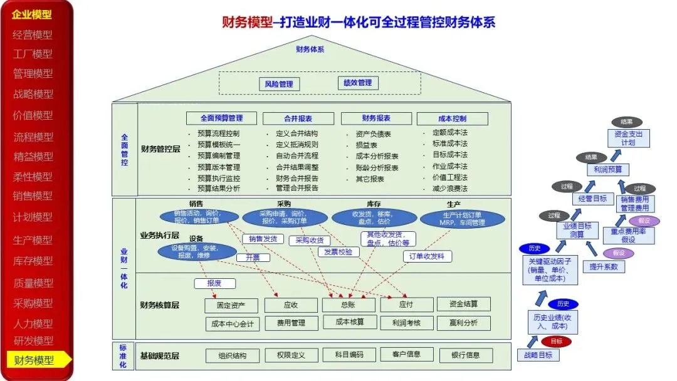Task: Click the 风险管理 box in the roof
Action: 279,84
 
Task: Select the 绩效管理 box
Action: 357,83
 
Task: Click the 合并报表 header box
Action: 298,118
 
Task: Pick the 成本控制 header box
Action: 451,118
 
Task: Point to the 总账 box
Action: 349,305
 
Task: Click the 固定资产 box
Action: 231,305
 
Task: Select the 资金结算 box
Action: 463,304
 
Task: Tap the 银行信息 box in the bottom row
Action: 465,355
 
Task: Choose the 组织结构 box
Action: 232,355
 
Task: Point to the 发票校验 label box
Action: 338,252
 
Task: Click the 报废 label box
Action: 214,283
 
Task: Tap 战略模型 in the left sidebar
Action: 33,94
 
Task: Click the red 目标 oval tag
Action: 556,342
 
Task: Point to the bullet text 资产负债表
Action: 373,134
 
